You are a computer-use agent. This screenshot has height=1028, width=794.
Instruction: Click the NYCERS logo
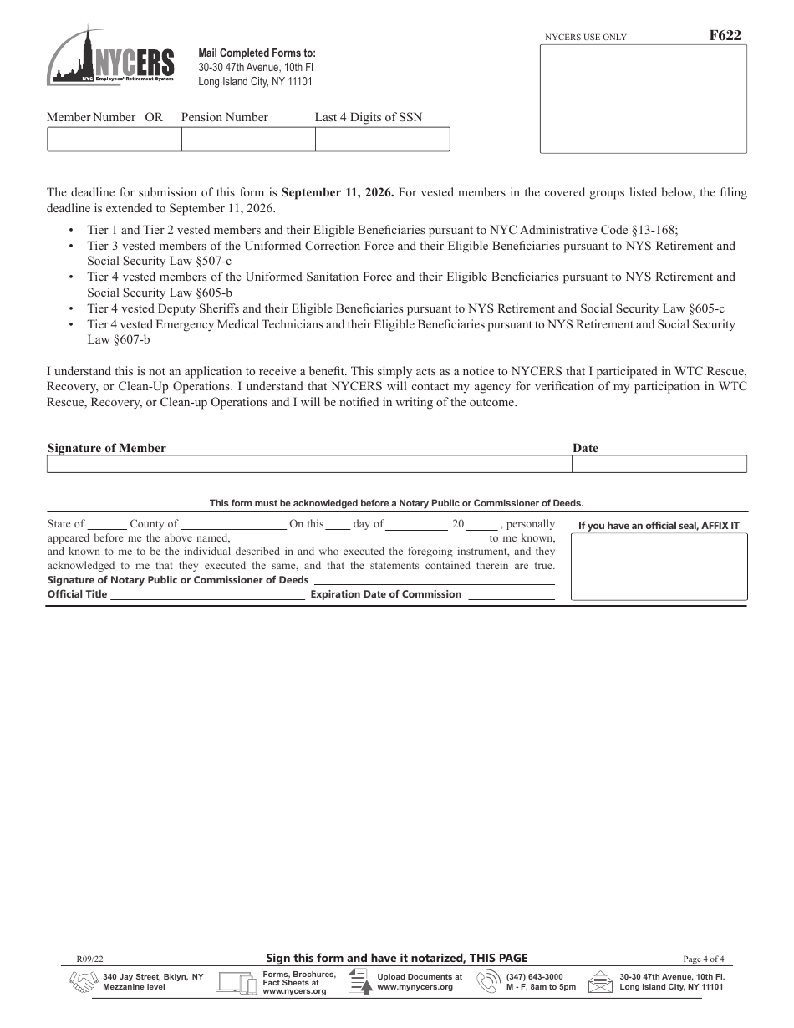click(x=110, y=56)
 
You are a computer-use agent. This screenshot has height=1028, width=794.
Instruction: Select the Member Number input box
click(x=114, y=140)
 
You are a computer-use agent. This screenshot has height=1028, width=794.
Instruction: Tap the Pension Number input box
click(x=248, y=140)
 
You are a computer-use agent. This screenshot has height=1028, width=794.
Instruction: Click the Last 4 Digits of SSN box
click(x=382, y=140)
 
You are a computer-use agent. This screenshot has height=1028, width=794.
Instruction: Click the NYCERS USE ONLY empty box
click(x=643, y=99)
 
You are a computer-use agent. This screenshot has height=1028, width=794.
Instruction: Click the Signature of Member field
click(x=308, y=465)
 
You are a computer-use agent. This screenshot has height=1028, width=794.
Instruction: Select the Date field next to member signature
click(x=659, y=465)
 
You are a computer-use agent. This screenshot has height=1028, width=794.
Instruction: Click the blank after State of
click(x=107, y=525)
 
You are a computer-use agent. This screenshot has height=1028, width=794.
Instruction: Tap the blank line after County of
click(x=233, y=525)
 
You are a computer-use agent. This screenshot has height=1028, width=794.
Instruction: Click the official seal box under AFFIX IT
click(x=659, y=567)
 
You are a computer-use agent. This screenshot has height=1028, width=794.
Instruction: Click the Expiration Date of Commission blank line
click(x=511, y=595)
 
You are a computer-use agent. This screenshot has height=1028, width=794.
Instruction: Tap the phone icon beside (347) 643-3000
click(x=487, y=982)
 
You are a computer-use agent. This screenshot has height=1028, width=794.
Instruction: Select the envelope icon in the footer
click(x=600, y=982)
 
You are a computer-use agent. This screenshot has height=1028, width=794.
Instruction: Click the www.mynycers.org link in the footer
click(x=415, y=987)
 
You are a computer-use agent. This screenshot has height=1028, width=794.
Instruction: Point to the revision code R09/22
click(x=89, y=959)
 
